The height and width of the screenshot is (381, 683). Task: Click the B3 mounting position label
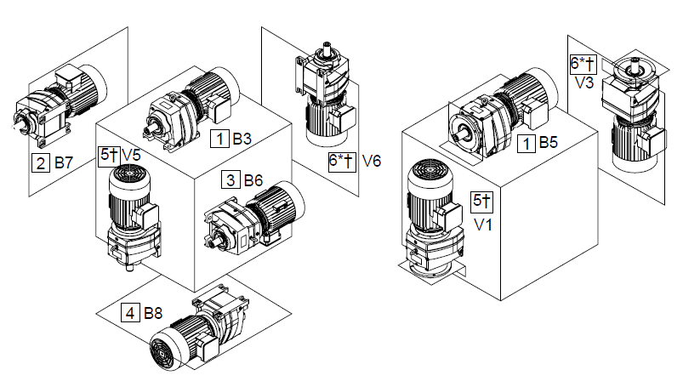pos(242,138)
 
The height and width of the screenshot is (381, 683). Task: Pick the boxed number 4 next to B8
pos(130,313)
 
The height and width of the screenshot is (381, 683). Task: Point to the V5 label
pos(130,155)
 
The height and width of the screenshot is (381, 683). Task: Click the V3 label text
pos(583,82)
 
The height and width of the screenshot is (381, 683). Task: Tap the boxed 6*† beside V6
pos(340,160)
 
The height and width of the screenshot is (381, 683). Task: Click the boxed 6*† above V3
pos(583,64)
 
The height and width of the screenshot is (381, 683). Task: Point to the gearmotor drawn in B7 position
pos(55,106)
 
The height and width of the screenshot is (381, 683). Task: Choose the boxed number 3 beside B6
pos(231,179)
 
